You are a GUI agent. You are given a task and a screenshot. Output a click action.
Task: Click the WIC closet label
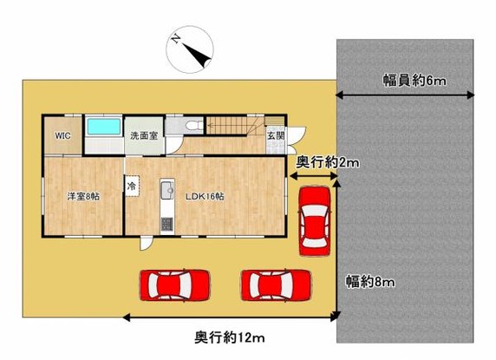(62, 136)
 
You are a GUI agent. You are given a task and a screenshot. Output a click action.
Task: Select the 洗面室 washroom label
(143, 136)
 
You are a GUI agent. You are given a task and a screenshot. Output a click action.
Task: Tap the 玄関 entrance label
(275, 136)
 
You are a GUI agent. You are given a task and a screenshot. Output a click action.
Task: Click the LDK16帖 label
(205, 197)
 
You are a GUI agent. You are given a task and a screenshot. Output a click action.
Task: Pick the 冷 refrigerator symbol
(133, 186)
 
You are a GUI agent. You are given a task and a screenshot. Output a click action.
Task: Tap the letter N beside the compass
(176, 39)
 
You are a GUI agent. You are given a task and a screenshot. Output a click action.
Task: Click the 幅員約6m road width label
(414, 81)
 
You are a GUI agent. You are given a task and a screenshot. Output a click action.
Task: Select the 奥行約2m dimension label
(327, 162)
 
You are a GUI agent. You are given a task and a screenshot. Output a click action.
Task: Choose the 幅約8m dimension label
(370, 281)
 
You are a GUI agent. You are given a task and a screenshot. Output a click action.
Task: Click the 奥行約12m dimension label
(229, 337)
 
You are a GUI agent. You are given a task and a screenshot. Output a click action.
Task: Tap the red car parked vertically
(313, 221)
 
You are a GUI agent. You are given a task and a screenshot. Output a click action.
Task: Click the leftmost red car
(176, 284)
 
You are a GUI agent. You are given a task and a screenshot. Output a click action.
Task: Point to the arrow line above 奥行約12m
(229, 317)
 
